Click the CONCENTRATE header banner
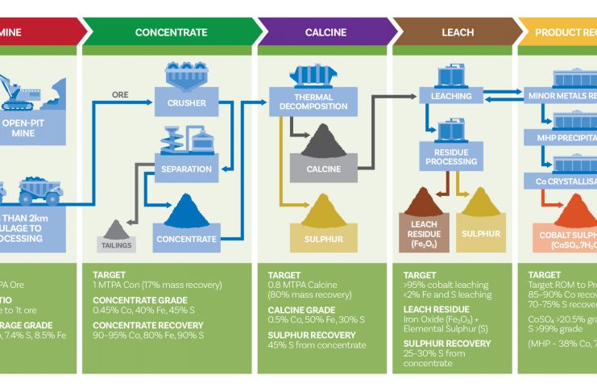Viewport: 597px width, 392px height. click(x=171, y=32)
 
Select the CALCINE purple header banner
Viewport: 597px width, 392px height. click(x=325, y=32)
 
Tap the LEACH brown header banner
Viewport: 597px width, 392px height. click(x=458, y=32)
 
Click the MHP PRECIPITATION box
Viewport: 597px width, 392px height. click(x=560, y=138)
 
